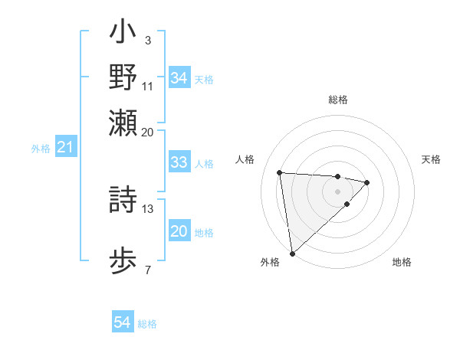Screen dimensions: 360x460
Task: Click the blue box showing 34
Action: [x=179, y=78]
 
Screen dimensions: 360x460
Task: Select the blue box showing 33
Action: [x=179, y=162]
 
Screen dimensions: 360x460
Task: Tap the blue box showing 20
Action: [x=179, y=231]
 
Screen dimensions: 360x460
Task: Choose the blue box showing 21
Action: [x=65, y=148]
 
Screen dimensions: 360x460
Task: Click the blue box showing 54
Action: [x=123, y=323]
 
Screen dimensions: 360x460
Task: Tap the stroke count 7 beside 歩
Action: [x=147, y=269]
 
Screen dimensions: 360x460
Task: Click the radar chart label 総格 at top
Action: [x=338, y=100]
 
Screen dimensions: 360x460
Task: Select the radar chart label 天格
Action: [x=432, y=159]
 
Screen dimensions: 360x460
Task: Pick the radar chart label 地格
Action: [x=402, y=262]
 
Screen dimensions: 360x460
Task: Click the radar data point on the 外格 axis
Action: [x=292, y=253]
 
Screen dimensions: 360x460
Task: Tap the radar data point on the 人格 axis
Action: [x=280, y=172]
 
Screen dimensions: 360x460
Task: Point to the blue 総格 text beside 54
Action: [x=147, y=324]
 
